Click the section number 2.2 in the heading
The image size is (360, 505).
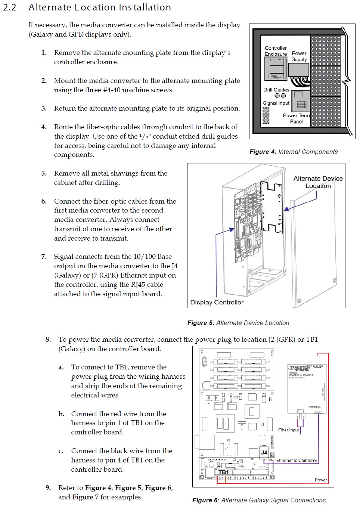pyautogui.click(x=10, y=7)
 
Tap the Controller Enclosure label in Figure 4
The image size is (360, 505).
pyautogui.click(x=276, y=51)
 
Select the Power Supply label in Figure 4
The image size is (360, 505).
pyautogui.click(x=299, y=56)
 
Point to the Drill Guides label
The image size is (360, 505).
pyautogui.click(x=276, y=90)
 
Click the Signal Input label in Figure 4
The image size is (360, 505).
pyautogui.click(x=276, y=103)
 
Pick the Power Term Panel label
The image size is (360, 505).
pyautogui.click(x=296, y=118)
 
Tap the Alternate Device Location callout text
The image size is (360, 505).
pyautogui.click(x=318, y=182)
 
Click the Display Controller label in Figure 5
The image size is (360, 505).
pyautogui.click(x=217, y=302)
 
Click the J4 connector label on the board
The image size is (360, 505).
pyautogui.click(x=264, y=452)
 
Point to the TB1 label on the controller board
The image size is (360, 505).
pyautogui.click(x=223, y=472)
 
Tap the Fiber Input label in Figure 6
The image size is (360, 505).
pyautogui.click(x=288, y=430)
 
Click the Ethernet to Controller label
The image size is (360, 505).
pyautogui.click(x=297, y=461)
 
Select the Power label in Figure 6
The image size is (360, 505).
pyautogui.click(x=321, y=480)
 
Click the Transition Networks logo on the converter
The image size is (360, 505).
pyautogui.click(x=300, y=368)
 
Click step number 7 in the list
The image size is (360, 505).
pyautogui.click(x=44, y=257)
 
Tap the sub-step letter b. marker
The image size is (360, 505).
pyautogui.click(x=61, y=414)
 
